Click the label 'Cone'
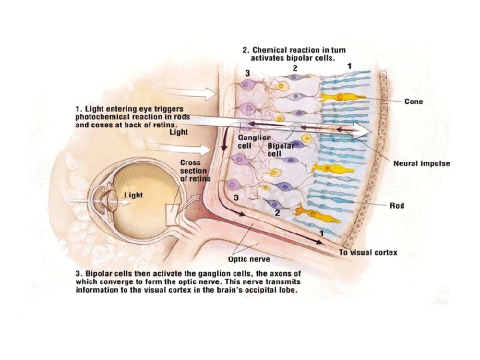pyautogui.click(x=414, y=102)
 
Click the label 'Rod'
pyautogui.click(x=397, y=205)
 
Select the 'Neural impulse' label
pyautogui.click(x=421, y=163)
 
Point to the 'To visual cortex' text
pyautogui.click(x=369, y=253)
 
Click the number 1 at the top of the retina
pyautogui.click(x=349, y=66)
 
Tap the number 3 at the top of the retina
pyautogui.click(x=248, y=73)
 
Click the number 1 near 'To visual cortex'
pyautogui.click(x=321, y=233)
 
